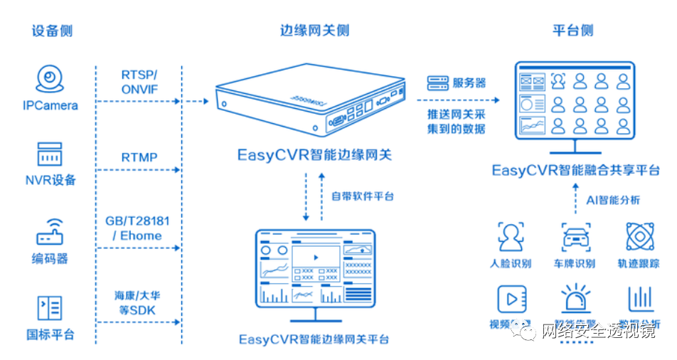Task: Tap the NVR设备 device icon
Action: tap(50, 154)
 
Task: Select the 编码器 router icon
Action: tap(50, 232)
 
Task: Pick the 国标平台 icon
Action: tap(50, 308)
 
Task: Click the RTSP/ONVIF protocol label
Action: tap(139, 82)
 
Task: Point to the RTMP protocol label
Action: tap(139, 157)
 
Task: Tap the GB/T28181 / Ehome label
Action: tap(139, 228)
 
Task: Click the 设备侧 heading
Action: tap(52, 31)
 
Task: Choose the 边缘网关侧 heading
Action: tap(315, 31)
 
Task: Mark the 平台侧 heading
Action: tap(572, 31)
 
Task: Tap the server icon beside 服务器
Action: tap(436, 83)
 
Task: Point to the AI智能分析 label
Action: tap(612, 200)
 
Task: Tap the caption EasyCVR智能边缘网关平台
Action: tap(314, 339)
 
